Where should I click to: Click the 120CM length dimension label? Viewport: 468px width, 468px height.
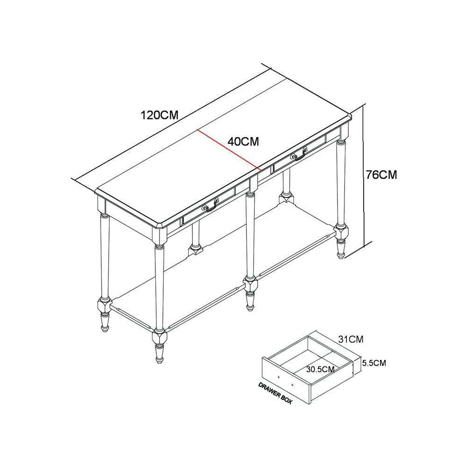pyautogui.click(x=160, y=115)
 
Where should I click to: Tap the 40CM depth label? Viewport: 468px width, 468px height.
pyautogui.click(x=243, y=141)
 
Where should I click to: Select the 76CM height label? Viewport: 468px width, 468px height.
pyautogui.click(x=381, y=175)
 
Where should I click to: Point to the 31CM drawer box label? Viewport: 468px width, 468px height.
pyautogui.click(x=351, y=339)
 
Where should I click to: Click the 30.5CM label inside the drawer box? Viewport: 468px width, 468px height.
pyautogui.click(x=320, y=369)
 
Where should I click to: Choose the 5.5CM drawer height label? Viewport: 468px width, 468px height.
pyautogui.click(x=374, y=363)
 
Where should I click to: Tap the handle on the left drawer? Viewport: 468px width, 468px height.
pyautogui.click(x=211, y=205)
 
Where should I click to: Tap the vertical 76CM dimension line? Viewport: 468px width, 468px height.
pyautogui.click(x=364, y=175)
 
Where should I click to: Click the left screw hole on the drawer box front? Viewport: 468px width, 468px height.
pyautogui.click(x=278, y=377)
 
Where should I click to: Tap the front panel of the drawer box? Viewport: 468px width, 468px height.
pyautogui.click(x=286, y=380)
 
